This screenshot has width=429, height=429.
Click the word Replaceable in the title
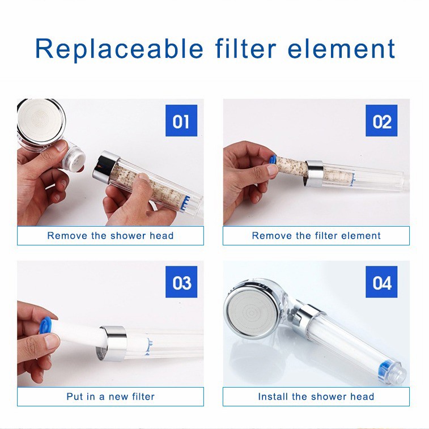pos(119,49)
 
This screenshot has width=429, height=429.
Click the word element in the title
pos(342,49)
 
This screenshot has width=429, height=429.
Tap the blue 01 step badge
pos(181,120)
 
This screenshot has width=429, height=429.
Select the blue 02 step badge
pos(381,120)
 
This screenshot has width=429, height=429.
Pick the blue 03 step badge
pos(181,282)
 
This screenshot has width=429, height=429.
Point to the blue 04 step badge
pos(381,282)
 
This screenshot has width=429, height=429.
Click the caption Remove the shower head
pos(111,236)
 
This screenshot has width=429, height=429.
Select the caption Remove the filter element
pos(316,236)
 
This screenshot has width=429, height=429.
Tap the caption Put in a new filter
pos(111,397)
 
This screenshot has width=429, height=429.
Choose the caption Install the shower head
pos(316,397)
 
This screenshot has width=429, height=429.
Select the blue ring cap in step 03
pos(45,325)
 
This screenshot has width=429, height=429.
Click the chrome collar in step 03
pos(112,343)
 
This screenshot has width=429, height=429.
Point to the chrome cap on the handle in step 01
pos(105,167)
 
